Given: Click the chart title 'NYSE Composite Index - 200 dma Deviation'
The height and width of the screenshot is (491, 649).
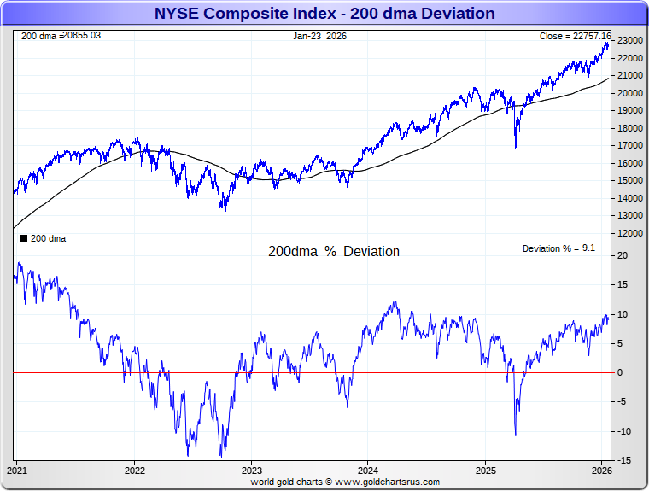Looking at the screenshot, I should click(324, 14).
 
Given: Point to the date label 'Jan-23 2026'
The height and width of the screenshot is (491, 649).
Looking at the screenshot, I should click(320, 36).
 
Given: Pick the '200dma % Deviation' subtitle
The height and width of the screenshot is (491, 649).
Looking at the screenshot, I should click(334, 252).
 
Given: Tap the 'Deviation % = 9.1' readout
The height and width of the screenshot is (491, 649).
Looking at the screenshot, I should click(558, 248).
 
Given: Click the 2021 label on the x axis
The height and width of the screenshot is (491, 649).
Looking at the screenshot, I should click(17, 471).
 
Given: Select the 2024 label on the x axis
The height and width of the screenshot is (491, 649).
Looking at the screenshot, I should click(368, 471).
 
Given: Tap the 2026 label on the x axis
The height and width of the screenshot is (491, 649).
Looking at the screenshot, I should click(602, 471).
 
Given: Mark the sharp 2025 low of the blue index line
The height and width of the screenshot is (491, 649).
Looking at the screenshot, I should click(515, 148).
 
